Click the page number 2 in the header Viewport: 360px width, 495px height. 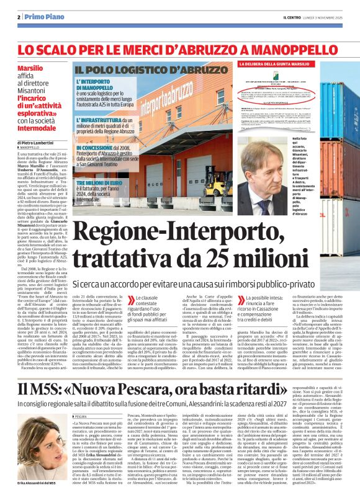pyautogui.click(x=19, y=16)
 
